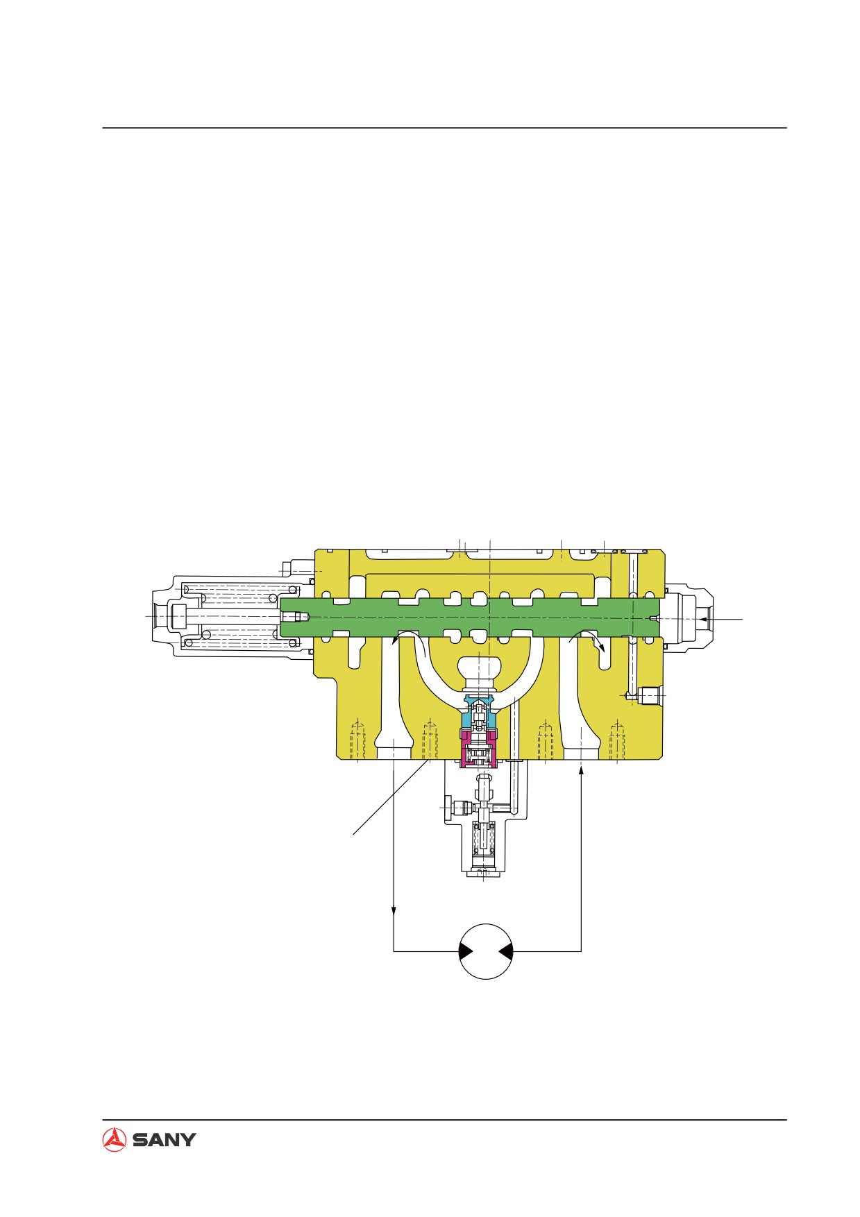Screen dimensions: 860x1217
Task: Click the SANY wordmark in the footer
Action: point(164,1139)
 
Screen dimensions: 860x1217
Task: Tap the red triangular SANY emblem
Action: point(114,1139)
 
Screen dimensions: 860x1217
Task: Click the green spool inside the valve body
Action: point(470,617)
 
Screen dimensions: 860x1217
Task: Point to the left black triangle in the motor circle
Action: point(466,952)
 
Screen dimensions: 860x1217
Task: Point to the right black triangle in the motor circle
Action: point(506,952)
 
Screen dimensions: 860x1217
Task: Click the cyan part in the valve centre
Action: point(478,711)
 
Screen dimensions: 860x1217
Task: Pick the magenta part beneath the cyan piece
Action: point(478,747)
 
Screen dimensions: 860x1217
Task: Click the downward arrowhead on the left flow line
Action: point(394,910)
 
